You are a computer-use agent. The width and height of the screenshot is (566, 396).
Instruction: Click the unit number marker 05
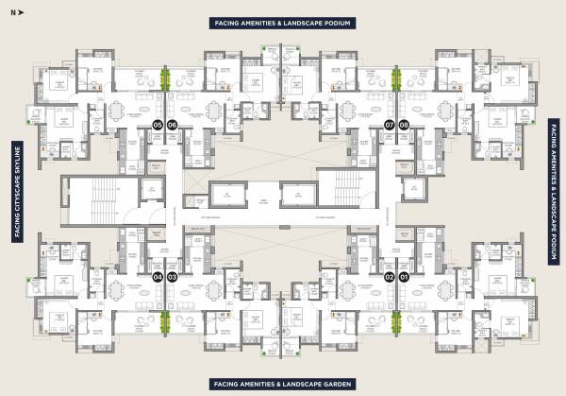158,125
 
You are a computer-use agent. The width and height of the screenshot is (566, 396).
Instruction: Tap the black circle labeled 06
173,125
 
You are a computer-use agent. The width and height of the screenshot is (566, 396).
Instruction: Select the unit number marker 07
390,125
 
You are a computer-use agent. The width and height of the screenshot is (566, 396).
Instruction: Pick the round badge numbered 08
404,125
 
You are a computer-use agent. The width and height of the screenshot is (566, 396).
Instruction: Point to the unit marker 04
158,277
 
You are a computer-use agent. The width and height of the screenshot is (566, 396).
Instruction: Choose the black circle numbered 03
173,277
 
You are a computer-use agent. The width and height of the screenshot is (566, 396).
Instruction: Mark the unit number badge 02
390,277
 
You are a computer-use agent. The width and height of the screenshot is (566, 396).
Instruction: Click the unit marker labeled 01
404,277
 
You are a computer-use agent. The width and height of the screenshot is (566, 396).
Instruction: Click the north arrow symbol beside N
23,13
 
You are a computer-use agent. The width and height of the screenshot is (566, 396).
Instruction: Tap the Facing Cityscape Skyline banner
16,193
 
